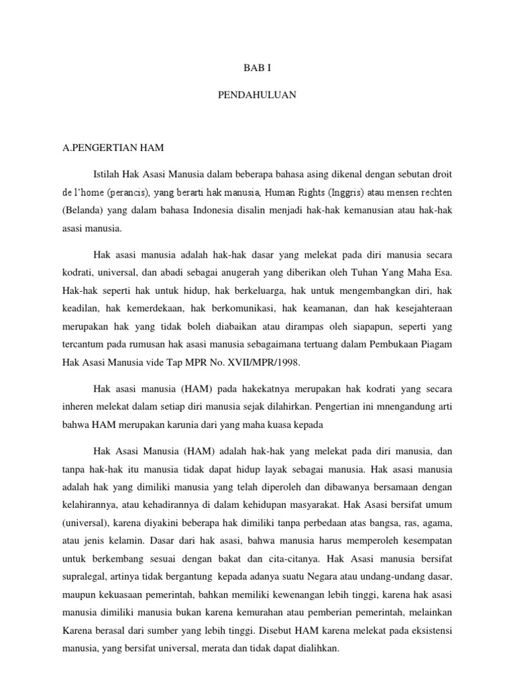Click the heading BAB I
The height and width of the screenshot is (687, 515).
[257, 68]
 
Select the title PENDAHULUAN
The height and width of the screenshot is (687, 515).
[257, 96]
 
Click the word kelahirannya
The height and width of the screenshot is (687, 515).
[88, 503]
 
